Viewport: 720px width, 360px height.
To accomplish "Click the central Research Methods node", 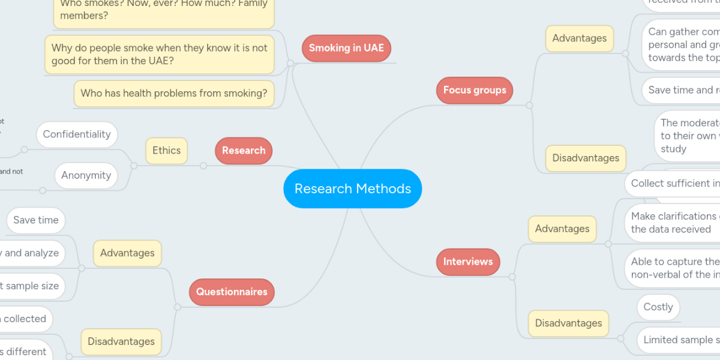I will pyautogui.click(x=353, y=188).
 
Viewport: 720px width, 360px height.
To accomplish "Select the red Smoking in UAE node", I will pyautogui.click(x=346, y=48).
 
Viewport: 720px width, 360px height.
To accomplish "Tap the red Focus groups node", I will pyautogui.click(x=475, y=90).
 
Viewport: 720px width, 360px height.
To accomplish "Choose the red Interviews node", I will pyautogui.click(x=468, y=262).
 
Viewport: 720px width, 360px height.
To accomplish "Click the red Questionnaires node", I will pyautogui.click(x=232, y=292).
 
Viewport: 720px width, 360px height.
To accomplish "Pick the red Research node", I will pyautogui.click(x=244, y=151).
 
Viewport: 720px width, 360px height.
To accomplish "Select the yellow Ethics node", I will pyautogui.click(x=166, y=151).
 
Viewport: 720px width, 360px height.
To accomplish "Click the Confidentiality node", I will pyautogui.click(x=77, y=134).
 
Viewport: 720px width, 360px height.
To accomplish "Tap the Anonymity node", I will pyautogui.click(x=86, y=176).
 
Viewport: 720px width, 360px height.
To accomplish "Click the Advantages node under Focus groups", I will pyautogui.click(x=579, y=38).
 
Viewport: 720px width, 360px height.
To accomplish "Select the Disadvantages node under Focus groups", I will pyautogui.click(x=586, y=158).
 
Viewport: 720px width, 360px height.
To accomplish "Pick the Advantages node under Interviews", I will pyautogui.click(x=562, y=229).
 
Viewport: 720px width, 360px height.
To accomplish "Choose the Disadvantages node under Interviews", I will pyautogui.click(x=568, y=323).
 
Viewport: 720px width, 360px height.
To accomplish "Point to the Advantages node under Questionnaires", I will pyautogui.click(x=127, y=253).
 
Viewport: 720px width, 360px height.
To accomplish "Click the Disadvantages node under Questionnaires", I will pyautogui.click(x=121, y=341).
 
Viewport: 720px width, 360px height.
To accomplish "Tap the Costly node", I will pyautogui.click(x=658, y=307).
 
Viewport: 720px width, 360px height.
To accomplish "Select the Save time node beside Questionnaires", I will pyautogui.click(x=36, y=220).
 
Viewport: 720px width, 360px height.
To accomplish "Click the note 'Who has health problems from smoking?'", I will pyautogui.click(x=173, y=94).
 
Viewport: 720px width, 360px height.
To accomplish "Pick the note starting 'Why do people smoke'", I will pyautogui.click(x=160, y=54).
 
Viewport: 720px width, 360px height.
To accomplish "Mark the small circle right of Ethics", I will pyautogui.click(x=203, y=166).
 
